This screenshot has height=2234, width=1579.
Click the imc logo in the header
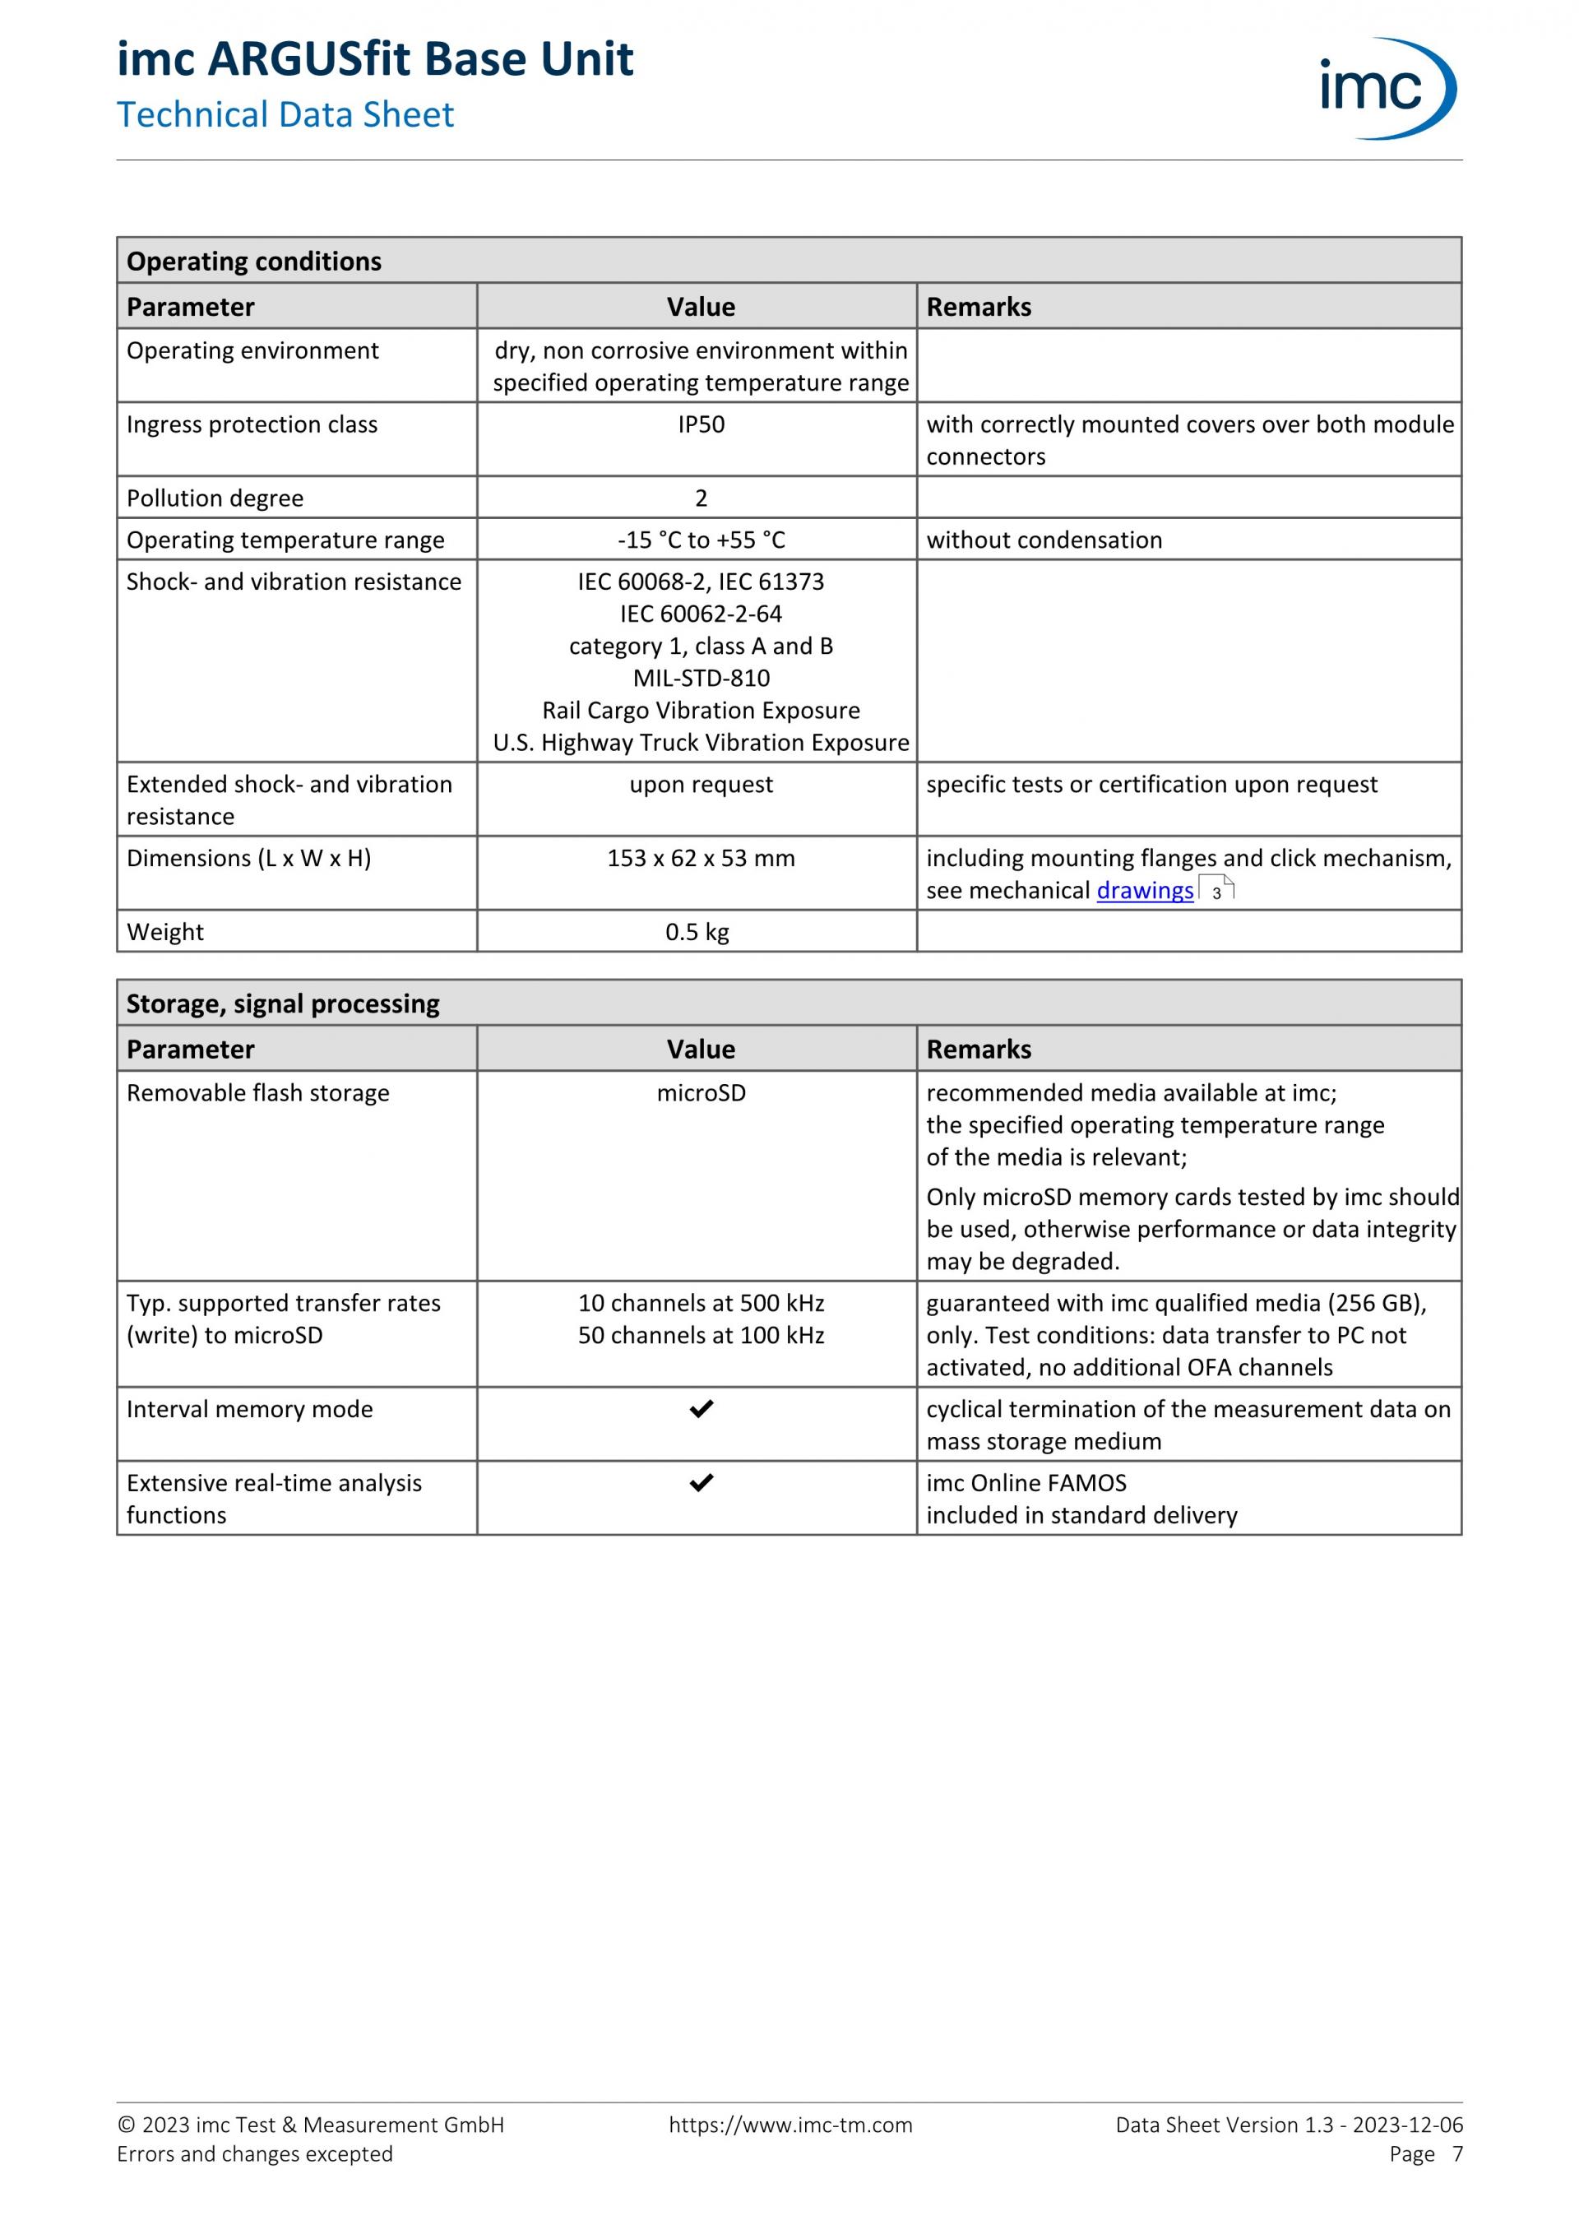(x=1387, y=89)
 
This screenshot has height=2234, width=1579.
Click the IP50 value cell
(x=701, y=424)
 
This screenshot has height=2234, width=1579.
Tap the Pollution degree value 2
(x=701, y=498)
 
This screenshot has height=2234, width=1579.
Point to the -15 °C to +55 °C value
(x=701, y=540)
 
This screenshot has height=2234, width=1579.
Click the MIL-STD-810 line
(x=701, y=678)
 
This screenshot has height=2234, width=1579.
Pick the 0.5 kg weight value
(x=697, y=932)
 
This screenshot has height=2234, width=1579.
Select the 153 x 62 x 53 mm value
(x=701, y=858)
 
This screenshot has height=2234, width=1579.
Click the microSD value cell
(x=701, y=1092)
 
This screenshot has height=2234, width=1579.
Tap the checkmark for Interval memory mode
(x=701, y=1409)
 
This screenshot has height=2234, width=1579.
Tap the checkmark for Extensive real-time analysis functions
(x=701, y=1483)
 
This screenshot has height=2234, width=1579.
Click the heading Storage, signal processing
(x=282, y=1003)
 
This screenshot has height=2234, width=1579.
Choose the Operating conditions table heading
(x=254, y=261)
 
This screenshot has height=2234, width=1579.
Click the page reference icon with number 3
(x=1216, y=889)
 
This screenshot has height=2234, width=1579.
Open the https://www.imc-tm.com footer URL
(x=790, y=2125)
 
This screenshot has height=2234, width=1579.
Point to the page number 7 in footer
(x=1456, y=2154)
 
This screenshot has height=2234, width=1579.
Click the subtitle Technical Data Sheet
(x=285, y=115)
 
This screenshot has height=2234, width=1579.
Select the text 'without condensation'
(x=1044, y=540)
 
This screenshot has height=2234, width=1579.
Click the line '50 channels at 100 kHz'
(x=701, y=1335)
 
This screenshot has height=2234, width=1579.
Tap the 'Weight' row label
(x=165, y=932)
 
